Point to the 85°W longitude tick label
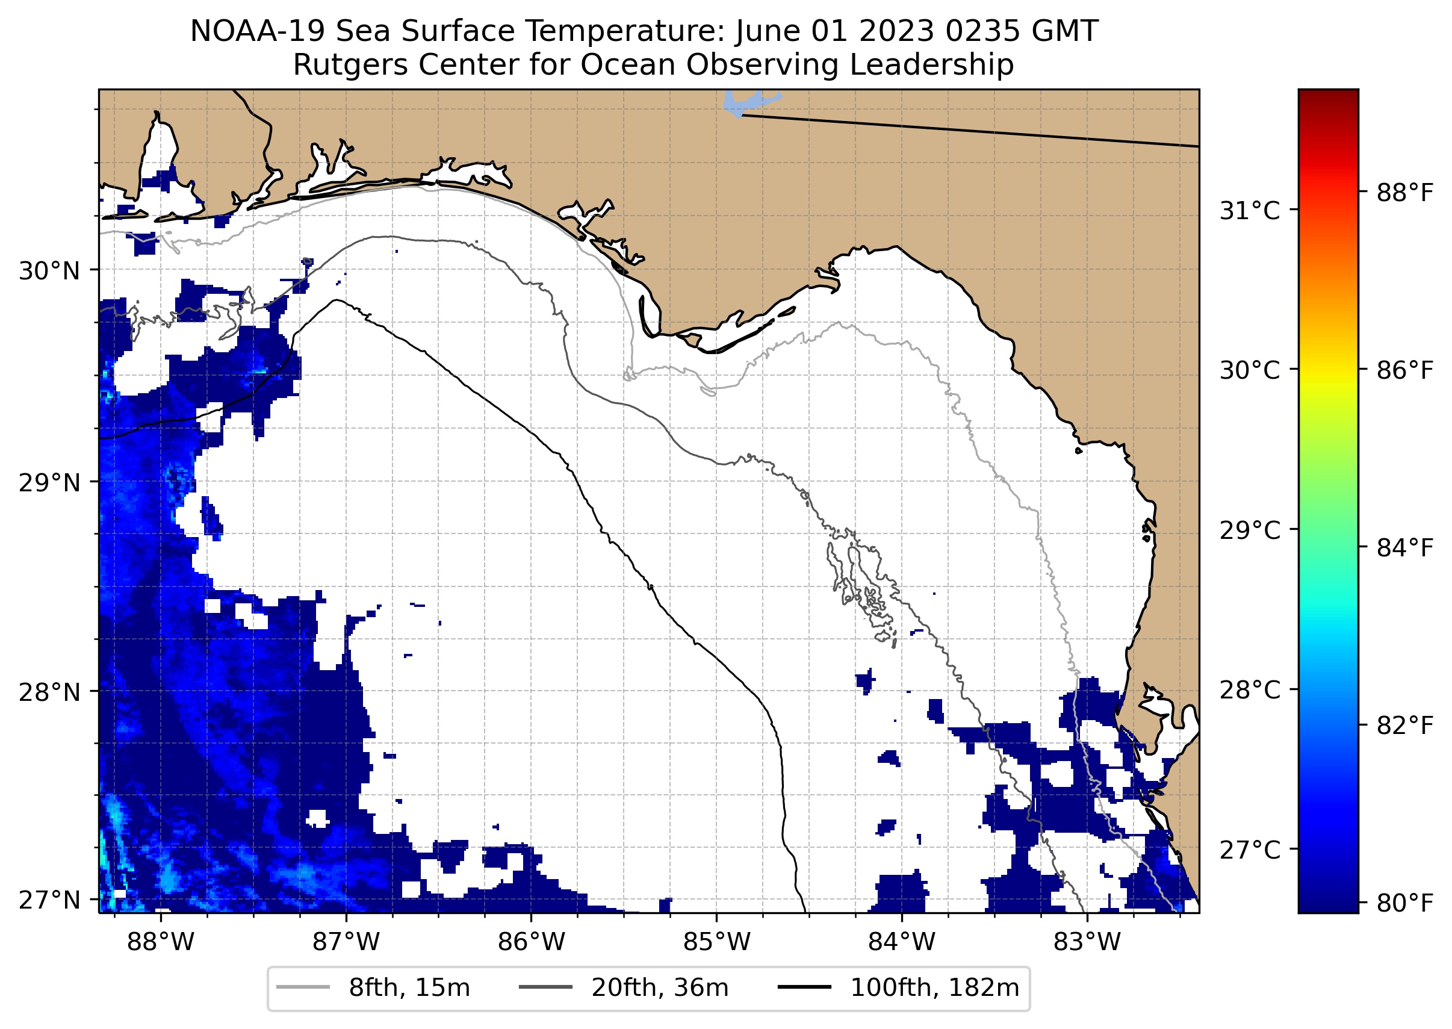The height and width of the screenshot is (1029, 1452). pyautogui.click(x=716, y=942)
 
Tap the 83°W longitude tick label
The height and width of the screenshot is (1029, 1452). pyautogui.click(x=1087, y=942)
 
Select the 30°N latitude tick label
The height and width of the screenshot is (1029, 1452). pyautogui.click(x=49, y=271)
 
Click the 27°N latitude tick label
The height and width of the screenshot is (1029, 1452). pyautogui.click(x=49, y=900)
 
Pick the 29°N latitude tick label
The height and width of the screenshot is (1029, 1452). pyautogui.click(x=49, y=483)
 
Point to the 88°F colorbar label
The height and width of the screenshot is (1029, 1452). pyautogui.click(x=1404, y=193)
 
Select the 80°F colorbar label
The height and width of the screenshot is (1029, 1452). pyautogui.click(x=1404, y=903)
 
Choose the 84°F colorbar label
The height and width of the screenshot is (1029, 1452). pyautogui.click(x=1404, y=547)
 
